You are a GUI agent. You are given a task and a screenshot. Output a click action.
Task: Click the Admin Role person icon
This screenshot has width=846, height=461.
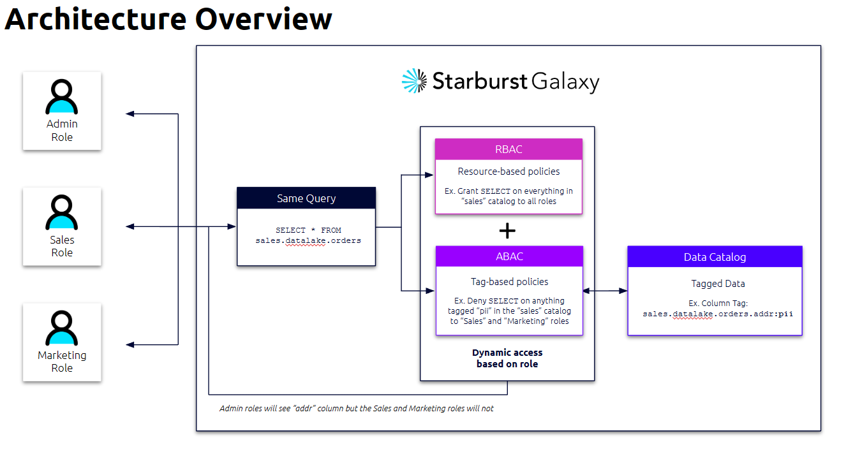(62, 97)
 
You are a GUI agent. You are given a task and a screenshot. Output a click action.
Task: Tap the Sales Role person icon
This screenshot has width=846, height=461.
(62, 213)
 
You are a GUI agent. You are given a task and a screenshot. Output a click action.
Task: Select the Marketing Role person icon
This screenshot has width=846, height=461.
(62, 328)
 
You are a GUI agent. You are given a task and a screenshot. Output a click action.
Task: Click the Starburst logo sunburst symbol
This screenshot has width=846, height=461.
(414, 81)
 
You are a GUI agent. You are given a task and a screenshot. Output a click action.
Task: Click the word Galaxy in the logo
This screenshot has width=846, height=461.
(565, 82)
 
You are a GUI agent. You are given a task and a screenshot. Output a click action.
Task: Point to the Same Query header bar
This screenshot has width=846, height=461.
(306, 198)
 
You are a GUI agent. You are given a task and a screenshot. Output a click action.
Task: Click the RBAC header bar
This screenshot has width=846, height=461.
(508, 149)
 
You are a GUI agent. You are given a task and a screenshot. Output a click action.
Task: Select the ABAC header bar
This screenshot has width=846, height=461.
(509, 256)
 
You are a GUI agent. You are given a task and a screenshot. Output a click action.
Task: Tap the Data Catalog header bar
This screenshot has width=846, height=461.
(715, 257)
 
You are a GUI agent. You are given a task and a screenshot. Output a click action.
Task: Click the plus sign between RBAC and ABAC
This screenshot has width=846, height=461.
(507, 231)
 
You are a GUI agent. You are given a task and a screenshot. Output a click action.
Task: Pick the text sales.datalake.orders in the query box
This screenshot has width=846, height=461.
(308, 240)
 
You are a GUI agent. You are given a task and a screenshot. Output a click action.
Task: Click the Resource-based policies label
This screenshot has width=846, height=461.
(508, 171)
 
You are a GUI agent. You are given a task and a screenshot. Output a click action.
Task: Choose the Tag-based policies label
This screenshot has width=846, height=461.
(508, 281)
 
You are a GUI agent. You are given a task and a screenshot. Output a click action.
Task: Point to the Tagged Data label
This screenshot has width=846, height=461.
(718, 284)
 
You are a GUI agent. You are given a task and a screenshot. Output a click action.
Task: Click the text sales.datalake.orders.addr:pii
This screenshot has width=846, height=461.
(718, 314)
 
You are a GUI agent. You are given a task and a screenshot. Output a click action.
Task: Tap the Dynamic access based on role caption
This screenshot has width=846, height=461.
(507, 358)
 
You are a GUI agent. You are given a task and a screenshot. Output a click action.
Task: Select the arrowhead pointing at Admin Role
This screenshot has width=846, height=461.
(130, 113)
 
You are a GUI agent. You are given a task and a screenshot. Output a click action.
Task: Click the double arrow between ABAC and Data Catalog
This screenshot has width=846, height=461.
(605, 291)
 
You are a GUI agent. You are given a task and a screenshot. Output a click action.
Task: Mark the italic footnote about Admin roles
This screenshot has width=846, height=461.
(356, 408)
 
